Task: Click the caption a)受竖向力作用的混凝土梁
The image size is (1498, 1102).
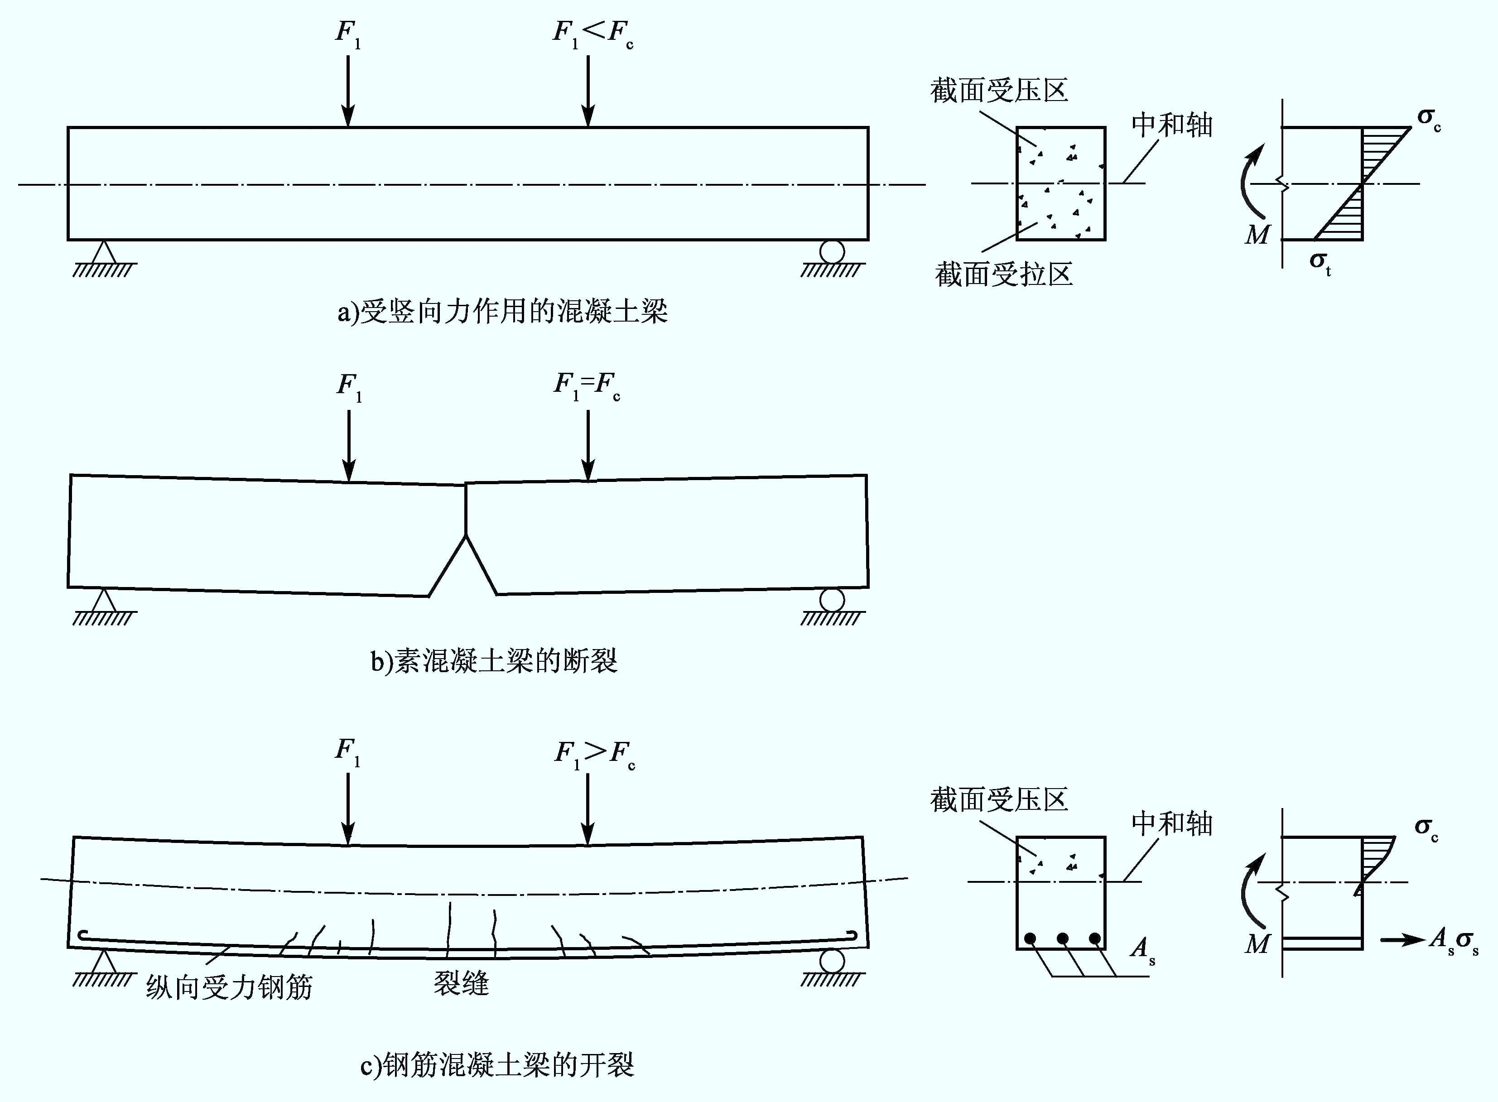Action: [x=502, y=312]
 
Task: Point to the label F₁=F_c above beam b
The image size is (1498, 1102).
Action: [x=587, y=385]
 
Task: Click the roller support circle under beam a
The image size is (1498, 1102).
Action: [x=833, y=251]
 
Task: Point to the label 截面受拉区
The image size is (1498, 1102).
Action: [x=1004, y=274]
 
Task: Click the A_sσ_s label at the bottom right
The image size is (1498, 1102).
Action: [x=1454, y=941]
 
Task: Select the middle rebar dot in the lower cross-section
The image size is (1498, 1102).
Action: [x=1063, y=938]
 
